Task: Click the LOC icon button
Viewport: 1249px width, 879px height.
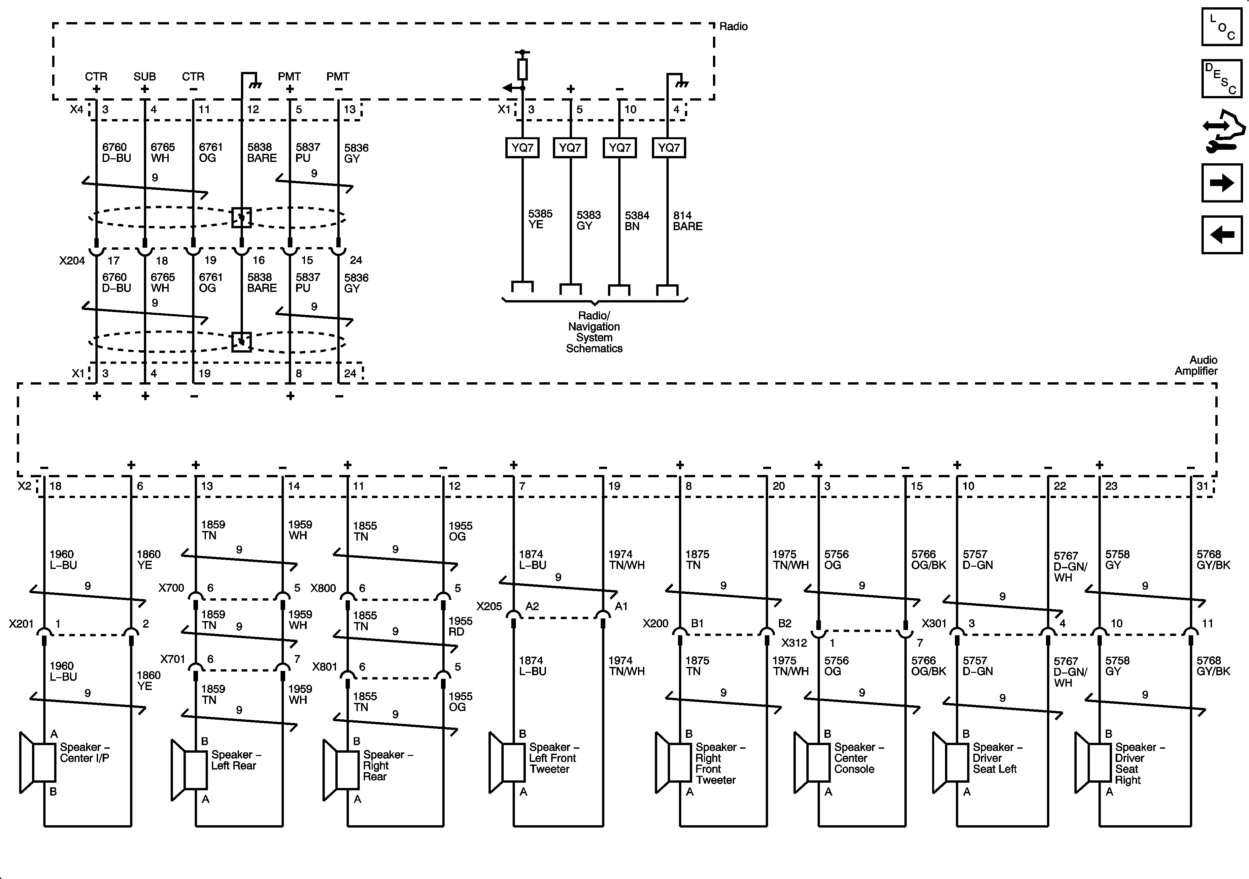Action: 1221,27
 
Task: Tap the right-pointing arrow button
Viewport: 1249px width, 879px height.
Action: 1221,183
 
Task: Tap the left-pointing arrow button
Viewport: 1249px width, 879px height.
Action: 1221,235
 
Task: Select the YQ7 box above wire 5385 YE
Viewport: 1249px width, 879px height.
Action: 522,148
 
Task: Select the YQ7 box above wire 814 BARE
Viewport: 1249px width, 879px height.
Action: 668,148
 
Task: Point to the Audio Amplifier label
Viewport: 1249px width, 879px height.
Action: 1196,365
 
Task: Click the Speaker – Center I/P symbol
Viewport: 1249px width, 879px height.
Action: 38,762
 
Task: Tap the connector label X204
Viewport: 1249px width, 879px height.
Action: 72,261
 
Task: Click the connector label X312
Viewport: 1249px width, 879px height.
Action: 794,643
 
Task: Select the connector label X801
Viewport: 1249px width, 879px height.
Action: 325,667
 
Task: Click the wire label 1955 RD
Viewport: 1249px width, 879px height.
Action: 460,626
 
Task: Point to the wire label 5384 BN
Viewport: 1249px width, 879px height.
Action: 636,221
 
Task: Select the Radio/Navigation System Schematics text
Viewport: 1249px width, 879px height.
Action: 594,332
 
